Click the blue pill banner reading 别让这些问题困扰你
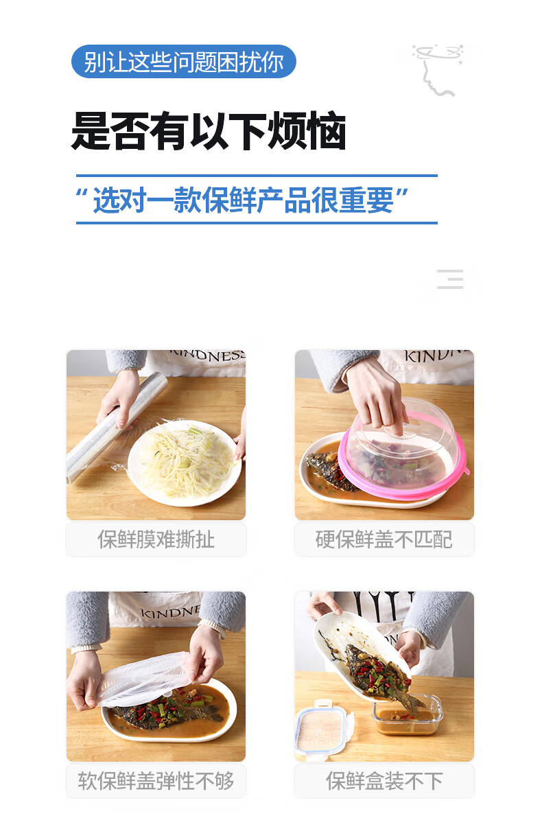click(183, 62)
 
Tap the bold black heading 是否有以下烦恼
click(209, 130)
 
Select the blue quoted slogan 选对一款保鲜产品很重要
click(243, 200)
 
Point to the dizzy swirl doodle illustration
click(438, 70)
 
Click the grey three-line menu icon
click(450, 279)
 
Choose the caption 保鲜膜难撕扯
click(156, 539)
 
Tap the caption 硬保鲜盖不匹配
click(384, 539)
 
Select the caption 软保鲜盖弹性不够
click(156, 780)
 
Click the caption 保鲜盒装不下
click(384, 780)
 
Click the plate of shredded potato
click(185, 463)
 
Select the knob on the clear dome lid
click(394, 430)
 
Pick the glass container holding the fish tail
click(406, 714)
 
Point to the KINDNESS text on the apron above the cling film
click(208, 355)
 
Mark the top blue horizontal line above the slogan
click(257, 176)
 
